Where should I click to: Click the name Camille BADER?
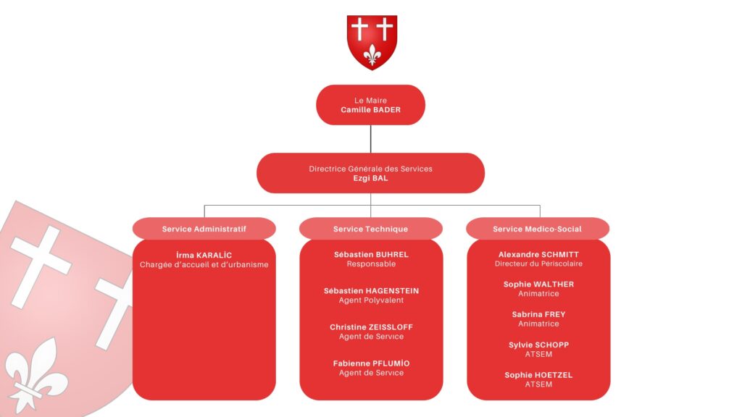370,110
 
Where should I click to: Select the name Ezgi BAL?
370,178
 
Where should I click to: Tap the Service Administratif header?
204,229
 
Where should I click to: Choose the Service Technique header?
370,229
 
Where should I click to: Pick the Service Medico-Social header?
537,229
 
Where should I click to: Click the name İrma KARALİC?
204,255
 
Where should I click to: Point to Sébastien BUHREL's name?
371,255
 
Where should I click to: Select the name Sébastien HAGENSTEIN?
371,291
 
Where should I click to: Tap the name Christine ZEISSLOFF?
371,327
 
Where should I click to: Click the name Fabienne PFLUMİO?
371,363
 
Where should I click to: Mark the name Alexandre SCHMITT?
538,255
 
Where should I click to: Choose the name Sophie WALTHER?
538,285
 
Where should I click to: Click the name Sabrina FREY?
538,315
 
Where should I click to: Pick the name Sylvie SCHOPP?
538,345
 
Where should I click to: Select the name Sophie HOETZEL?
538,375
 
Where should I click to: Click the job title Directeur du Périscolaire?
538,264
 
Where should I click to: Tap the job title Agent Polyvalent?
371,300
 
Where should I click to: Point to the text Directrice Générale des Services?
370,169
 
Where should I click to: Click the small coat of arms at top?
372,42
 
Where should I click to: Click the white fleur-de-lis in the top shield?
372,54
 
